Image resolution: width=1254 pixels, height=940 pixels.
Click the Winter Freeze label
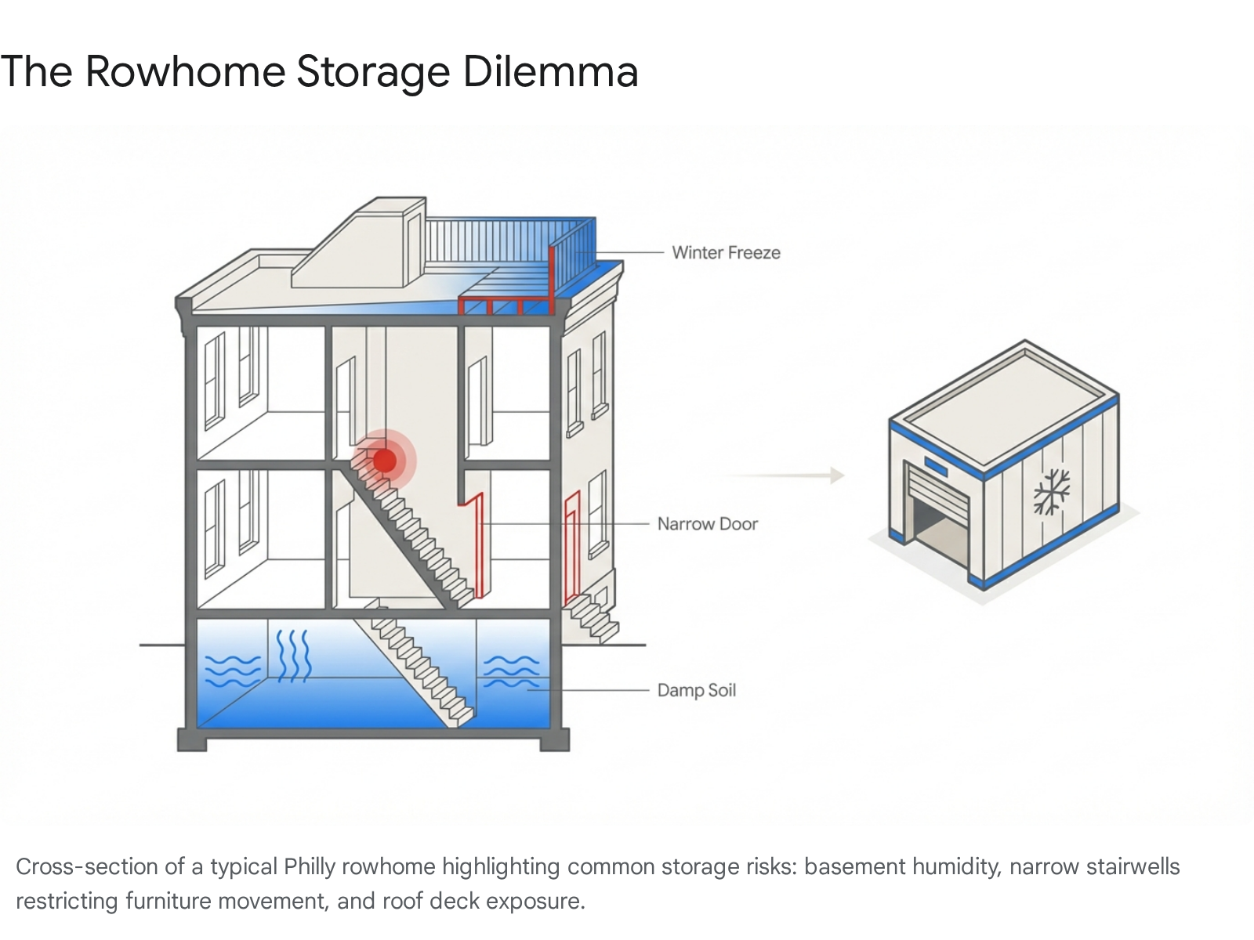[726, 253]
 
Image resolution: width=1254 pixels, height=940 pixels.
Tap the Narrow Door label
[707, 524]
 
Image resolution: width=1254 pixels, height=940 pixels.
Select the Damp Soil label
[696, 690]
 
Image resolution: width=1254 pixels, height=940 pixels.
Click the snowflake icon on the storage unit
[1051, 492]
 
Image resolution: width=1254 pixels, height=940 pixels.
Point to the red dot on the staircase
[384, 460]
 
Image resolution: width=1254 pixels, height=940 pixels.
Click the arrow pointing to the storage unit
[787, 475]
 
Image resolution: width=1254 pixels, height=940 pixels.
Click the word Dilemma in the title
[550, 72]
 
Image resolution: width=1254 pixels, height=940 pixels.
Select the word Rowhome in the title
[185, 72]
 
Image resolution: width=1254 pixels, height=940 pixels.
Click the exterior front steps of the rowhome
[592, 617]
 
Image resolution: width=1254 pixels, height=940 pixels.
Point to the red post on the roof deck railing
[552, 278]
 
